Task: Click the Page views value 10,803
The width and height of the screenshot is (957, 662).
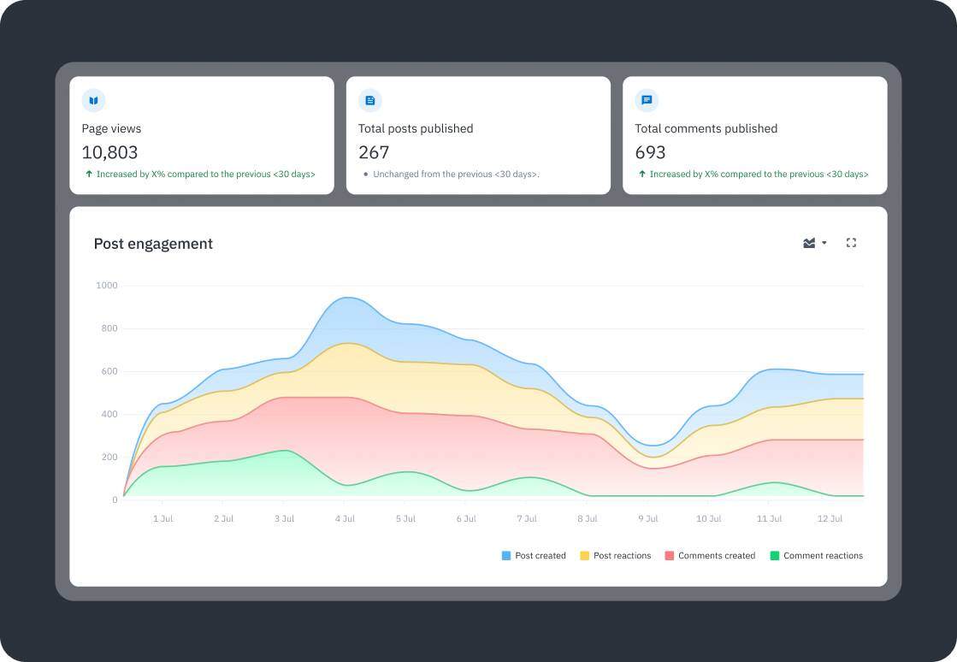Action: point(109,153)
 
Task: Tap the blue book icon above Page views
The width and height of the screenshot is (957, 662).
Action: point(93,101)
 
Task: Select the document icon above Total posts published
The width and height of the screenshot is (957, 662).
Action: point(370,101)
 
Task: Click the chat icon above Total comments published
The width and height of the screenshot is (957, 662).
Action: point(647,101)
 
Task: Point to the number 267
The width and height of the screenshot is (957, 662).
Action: point(374,153)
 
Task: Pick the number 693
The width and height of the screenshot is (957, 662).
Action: point(650,153)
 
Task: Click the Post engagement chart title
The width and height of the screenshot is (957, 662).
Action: point(153,244)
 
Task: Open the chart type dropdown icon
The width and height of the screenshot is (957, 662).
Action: point(814,243)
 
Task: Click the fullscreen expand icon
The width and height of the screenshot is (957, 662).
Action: point(851,243)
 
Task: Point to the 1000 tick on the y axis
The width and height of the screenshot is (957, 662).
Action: point(107,286)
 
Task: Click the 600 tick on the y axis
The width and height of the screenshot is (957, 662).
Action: point(109,371)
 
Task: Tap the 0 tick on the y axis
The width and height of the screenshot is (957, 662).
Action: point(115,499)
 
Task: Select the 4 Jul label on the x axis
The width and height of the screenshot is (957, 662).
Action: point(345,519)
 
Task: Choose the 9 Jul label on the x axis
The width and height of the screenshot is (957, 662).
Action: point(648,519)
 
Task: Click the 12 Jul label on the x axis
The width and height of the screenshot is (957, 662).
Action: point(830,519)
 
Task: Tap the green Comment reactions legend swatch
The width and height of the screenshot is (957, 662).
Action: point(775,556)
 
